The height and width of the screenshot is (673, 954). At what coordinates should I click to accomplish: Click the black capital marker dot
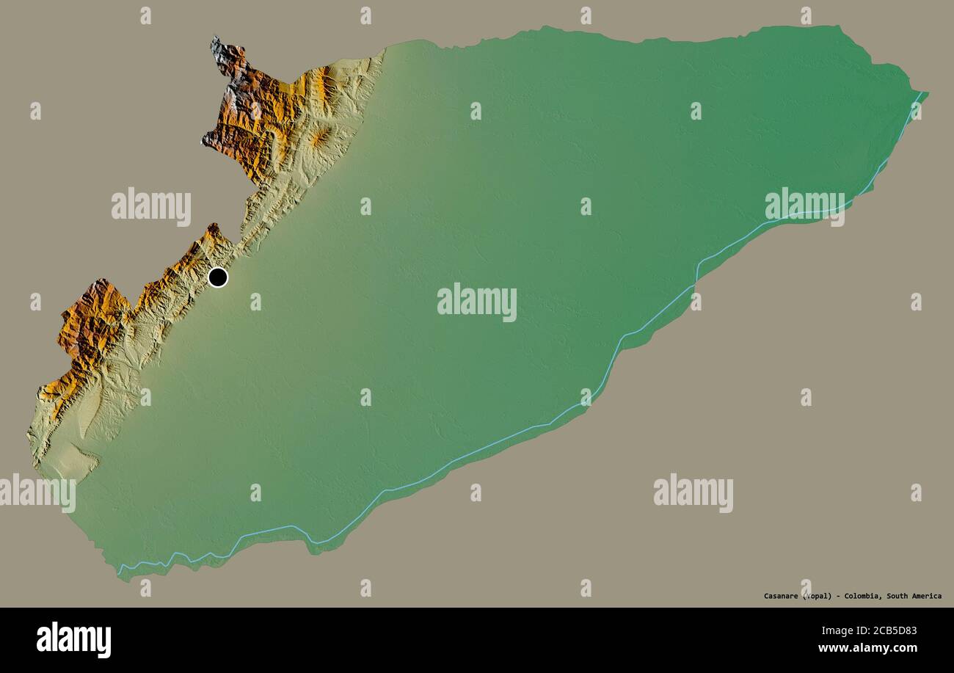[x=218, y=277]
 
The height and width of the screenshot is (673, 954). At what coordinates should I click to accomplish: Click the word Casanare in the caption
[x=781, y=596]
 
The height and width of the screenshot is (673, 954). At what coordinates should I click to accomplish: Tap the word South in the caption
[x=900, y=596]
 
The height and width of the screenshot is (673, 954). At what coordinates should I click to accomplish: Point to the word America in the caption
[x=928, y=596]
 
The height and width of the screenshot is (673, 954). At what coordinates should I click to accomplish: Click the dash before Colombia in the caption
[x=839, y=596]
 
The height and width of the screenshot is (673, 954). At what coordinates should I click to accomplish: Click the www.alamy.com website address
[x=867, y=648]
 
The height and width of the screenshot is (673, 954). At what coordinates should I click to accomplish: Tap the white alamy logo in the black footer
[x=73, y=639]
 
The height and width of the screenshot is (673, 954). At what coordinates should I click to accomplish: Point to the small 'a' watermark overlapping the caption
[x=806, y=589]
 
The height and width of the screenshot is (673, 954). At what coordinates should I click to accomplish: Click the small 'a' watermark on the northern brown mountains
[x=255, y=111]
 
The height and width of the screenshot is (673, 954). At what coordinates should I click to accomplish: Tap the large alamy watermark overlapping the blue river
[x=804, y=206]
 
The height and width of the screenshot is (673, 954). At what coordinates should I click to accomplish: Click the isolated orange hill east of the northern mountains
[x=321, y=137]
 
